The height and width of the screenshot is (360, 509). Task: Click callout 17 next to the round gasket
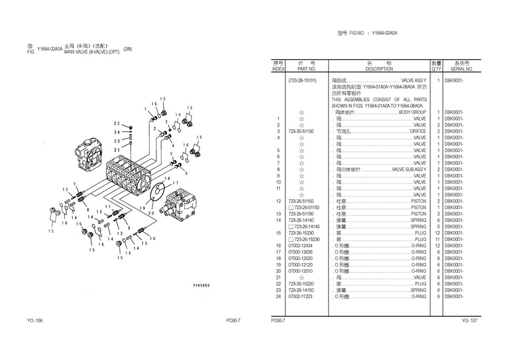tap(176, 182)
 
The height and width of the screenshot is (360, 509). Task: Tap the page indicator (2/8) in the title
tap(127, 48)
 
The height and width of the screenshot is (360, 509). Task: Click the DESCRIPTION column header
tap(379, 69)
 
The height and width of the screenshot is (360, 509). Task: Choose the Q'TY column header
tap(436, 69)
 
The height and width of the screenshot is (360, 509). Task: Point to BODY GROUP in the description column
tap(412, 113)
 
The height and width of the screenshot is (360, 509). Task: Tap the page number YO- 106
tap(35, 321)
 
